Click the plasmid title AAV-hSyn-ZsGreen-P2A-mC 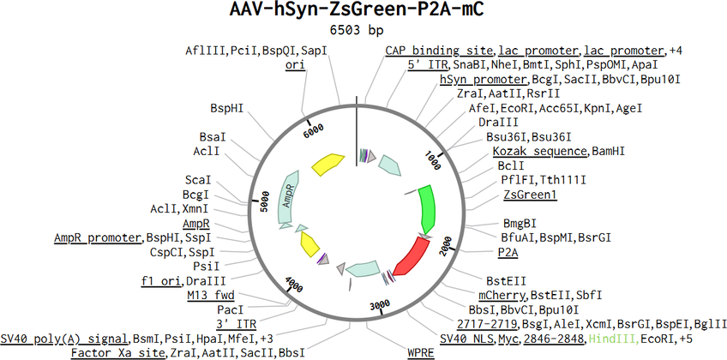(357, 10)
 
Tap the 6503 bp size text (357, 30)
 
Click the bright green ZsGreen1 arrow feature (428, 207)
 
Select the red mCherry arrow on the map (412, 257)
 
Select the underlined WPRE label (421, 353)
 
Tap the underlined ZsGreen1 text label (531, 195)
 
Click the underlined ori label (295, 65)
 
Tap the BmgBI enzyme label (520, 224)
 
